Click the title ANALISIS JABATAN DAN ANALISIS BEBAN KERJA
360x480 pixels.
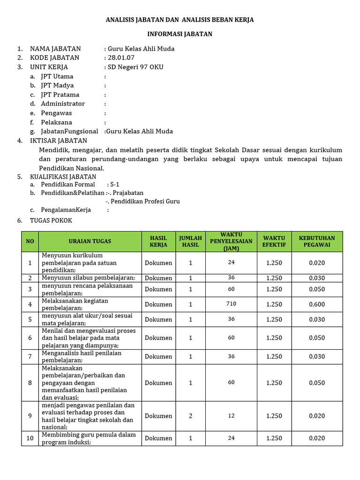[180, 20]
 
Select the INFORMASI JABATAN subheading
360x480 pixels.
[180, 34]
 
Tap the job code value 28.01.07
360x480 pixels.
[121, 58]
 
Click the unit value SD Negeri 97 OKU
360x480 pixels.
[135, 67]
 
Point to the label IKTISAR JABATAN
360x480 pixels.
[58, 141]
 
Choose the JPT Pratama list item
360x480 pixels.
[60, 95]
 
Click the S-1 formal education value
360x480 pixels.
[115, 185]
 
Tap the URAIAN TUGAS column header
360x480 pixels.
[90, 241]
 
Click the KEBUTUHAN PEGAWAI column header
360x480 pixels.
[317, 241]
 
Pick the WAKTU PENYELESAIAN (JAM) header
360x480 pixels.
[231, 241]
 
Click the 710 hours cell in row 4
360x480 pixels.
[231, 304]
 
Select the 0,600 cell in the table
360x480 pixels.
[317, 304]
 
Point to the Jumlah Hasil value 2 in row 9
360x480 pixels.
[190, 416]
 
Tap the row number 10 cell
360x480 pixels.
[30, 438]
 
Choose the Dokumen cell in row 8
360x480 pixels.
[158, 383]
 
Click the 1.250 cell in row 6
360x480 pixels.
[274, 338]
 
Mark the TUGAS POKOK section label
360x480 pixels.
[51, 220]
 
